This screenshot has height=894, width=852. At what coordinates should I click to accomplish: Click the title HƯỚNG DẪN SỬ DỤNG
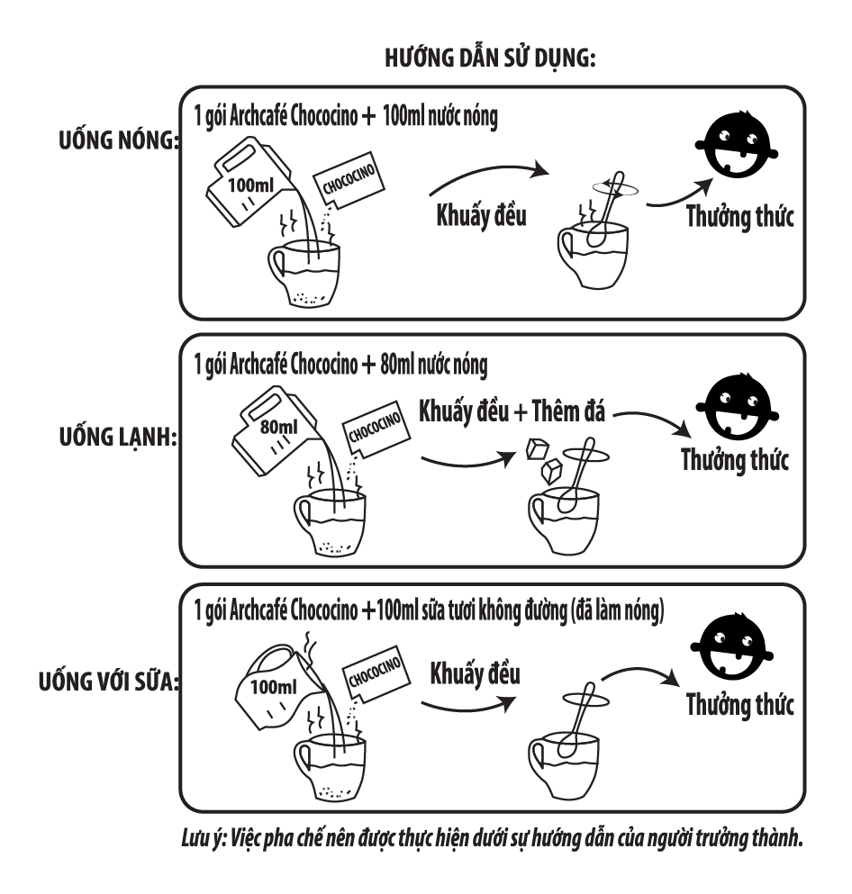[x=490, y=59]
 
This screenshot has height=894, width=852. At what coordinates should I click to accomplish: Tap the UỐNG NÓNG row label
[x=119, y=140]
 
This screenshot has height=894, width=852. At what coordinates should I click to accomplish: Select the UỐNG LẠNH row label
[x=118, y=438]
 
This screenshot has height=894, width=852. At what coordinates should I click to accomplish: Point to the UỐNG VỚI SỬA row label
[x=108, y=681]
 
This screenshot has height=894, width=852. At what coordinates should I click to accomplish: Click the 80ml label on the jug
[x=279, y=427]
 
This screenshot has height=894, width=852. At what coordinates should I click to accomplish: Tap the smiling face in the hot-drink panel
[x=736, y=144]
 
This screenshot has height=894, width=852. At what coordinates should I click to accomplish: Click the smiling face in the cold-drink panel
[x=738, y=407]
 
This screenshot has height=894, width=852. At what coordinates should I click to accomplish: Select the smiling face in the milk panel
[x=731, y=646]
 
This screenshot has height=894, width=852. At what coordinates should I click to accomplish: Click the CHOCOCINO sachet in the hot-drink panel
[x=349, y=179]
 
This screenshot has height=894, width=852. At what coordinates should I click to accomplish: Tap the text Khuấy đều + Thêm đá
[x=512, y=411]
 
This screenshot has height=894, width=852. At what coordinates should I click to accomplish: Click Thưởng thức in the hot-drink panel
[x=739, y=217]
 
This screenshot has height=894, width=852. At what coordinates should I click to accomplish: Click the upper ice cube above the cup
[x=537, y=448]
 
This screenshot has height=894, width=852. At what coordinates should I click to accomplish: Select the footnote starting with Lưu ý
[x=492, y=839]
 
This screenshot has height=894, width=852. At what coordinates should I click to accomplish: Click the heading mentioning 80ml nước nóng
[x=340, y=365]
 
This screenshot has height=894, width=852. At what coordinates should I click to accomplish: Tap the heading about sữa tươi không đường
[x=429, y=610]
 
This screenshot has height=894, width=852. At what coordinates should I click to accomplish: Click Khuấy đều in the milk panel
[x=475, y=674]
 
